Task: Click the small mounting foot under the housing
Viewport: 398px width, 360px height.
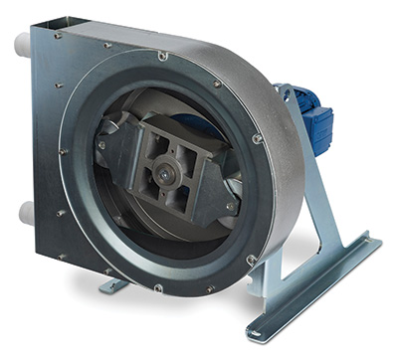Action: (x=112, y=285)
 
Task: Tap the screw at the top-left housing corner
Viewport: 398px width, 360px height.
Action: (x=58, y=35)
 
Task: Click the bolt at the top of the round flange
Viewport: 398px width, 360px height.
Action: (x=161, y=56)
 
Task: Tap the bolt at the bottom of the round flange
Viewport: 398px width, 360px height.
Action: (x=158, y=289)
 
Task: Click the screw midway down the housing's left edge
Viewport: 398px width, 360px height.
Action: (x=62, y=150)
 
